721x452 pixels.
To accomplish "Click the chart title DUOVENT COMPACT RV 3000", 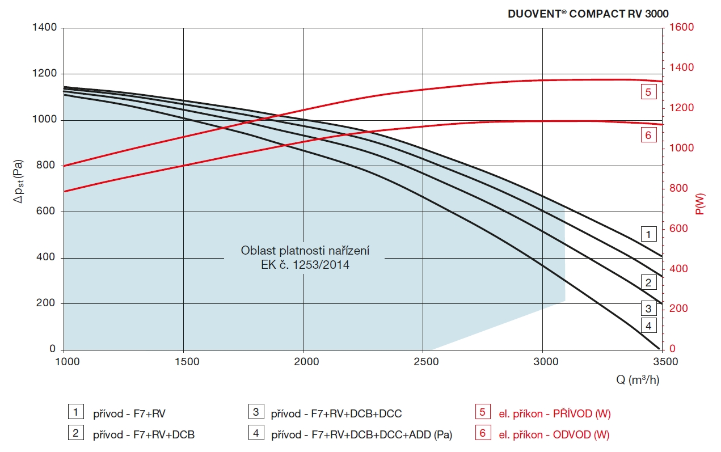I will pos(588,14).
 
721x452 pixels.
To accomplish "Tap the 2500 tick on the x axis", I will pos(423,361).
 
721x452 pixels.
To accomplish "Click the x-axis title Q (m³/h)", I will pos(638,379).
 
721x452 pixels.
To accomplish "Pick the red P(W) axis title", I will pos(701,204).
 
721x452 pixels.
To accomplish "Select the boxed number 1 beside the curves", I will pos(648,234).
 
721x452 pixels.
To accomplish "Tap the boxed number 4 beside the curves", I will pos(648,325).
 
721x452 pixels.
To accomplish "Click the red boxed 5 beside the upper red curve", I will pos(648,91).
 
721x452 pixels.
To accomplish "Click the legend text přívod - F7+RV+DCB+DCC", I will pos(336,413).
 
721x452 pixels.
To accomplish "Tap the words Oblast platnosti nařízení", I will pos(305,250).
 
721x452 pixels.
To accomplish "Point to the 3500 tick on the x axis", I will pos(662,361).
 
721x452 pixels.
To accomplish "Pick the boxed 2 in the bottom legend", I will pos(75,434).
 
